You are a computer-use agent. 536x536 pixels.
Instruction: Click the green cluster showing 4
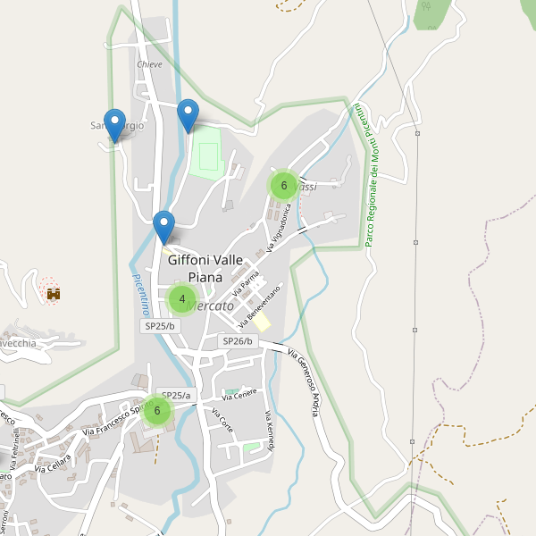coord(182,299)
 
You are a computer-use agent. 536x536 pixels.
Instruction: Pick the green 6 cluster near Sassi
coord(283,186)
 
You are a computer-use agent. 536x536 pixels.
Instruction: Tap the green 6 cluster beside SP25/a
coord(157,411)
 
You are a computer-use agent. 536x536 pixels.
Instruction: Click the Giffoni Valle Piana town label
coord(205,268)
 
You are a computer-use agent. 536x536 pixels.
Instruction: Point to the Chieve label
coord(149,65)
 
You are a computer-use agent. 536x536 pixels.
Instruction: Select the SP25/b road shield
coord(160,326)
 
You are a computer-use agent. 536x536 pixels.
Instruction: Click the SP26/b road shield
coord(238,341)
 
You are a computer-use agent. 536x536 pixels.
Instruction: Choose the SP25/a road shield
coord(176,395)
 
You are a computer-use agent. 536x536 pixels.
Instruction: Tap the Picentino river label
coord(139,294)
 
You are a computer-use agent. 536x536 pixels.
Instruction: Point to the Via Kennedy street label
coord(268,431)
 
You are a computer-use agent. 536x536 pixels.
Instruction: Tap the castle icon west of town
coord(53,292)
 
